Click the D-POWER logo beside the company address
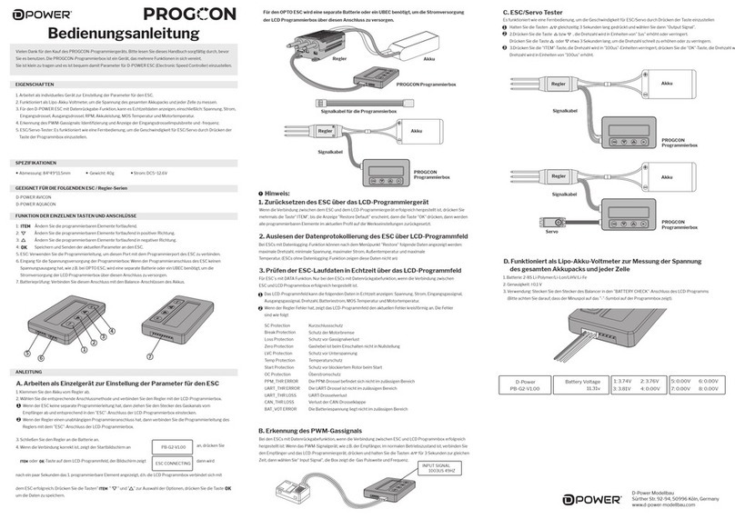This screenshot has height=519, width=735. [589, 498]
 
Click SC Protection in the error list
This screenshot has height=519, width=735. [277, 324]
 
